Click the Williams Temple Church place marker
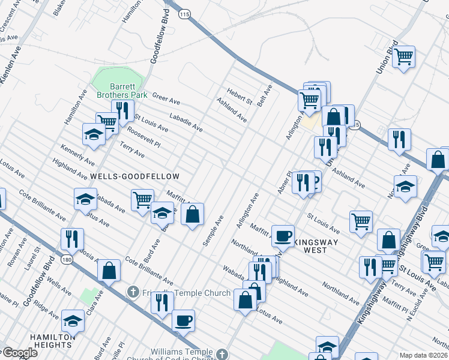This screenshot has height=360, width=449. click(x=222, y=354)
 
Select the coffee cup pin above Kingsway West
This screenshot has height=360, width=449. click(x=283, y=235)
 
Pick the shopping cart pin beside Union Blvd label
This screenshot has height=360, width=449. click(x=404, y=57)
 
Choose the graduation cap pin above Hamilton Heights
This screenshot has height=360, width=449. click(x=73, y=321)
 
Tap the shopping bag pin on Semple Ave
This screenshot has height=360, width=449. click(x=192, y=214)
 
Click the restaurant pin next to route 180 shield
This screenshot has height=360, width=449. click(x=71, y=239)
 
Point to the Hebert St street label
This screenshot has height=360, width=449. click(x=239, y=97)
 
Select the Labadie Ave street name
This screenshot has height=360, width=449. click(x=185, y=122)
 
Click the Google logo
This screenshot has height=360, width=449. click(x=20, y=353)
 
